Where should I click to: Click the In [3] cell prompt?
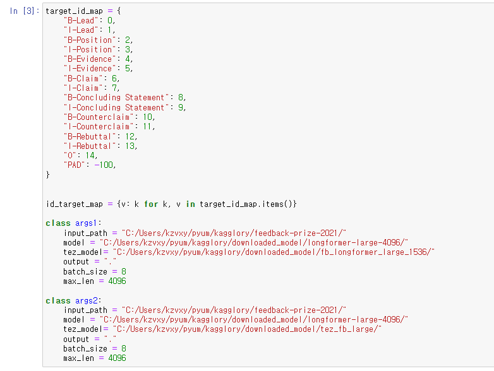click(25, 11)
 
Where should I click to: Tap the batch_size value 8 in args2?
click(124, 348)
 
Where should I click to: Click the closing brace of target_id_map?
click(48, 175)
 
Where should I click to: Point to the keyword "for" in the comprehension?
click(151, 204)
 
